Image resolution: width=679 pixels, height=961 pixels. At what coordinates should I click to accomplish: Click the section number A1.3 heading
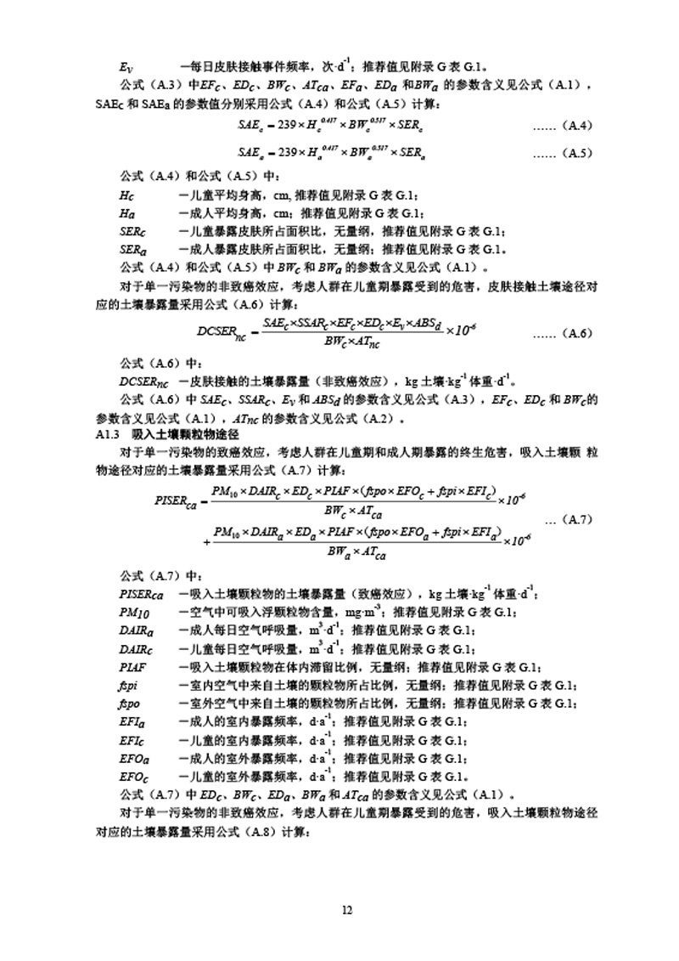(110, 434)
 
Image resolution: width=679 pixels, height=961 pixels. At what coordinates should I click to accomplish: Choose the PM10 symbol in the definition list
(134, 612)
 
